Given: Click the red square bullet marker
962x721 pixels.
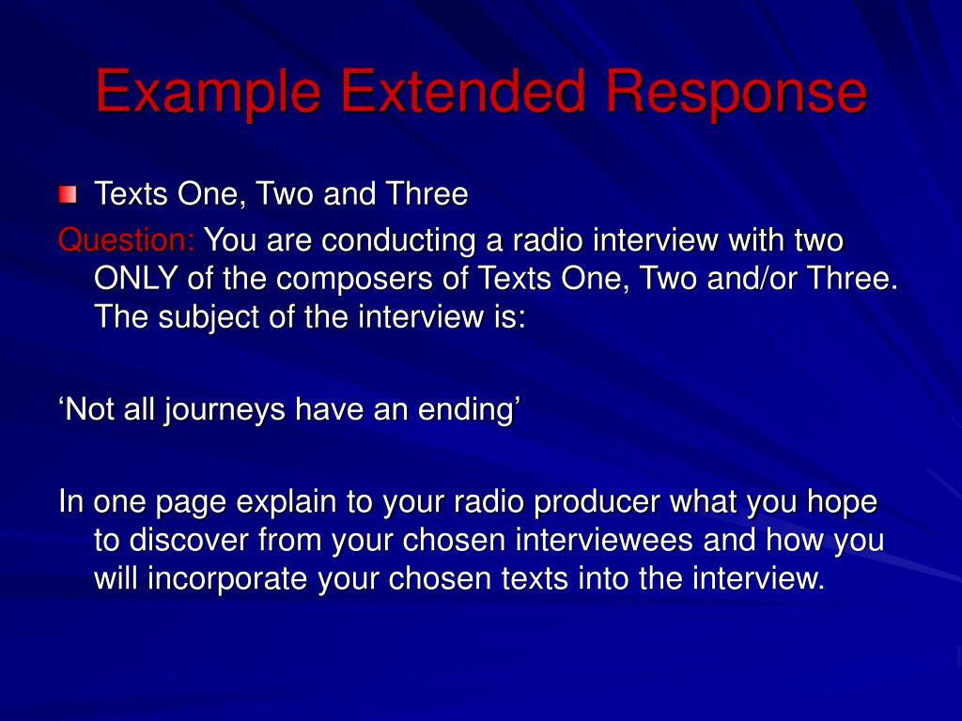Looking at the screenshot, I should pyautogui.click(x=68, y=195).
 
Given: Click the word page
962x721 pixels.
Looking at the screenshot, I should pyautogui.click(x=192, y=503).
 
